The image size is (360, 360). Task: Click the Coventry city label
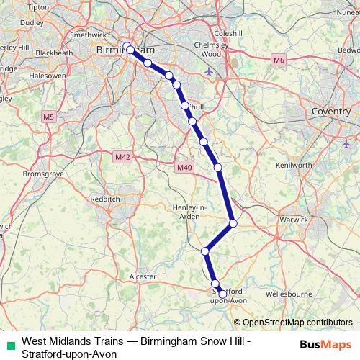(x=330, y=112)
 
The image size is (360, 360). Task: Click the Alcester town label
(x=142, y=276)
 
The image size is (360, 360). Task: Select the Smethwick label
(x=86, y=34)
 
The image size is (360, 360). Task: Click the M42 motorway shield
(x=122, y=155)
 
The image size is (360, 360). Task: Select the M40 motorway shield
(x=184, y=168)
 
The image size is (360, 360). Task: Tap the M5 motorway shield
(x=48, y=116)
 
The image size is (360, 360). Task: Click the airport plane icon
(x=209, y=71)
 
